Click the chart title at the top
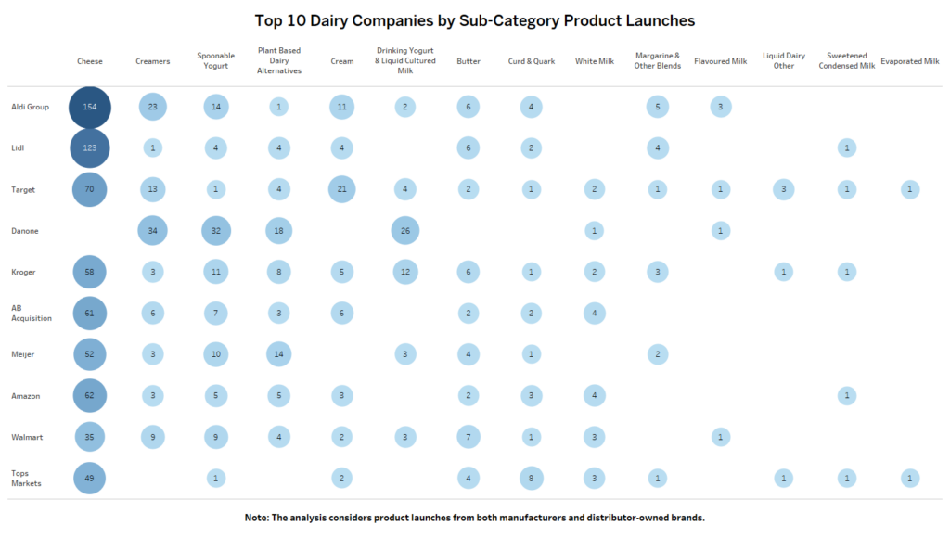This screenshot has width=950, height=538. click(x=474, y=19)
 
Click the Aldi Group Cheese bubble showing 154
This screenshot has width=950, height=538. click(x=90, y=107)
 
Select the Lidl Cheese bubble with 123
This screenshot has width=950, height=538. click(x=90, y=148)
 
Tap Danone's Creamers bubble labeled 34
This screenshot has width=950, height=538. click(x=153, y=231)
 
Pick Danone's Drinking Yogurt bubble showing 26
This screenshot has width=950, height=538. click(x=404, y=231)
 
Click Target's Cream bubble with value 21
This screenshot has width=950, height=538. click(x=341, y=189)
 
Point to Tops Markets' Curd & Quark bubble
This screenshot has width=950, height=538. click(x=532, y=479)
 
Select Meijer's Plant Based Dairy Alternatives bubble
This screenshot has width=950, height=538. click(x=279, y=354)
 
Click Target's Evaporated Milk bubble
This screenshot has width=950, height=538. click(x=910, y=189)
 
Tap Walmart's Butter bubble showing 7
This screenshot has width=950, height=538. click(x=469, y=437)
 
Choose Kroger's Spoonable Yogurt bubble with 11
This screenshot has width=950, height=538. click(x=215, y=272)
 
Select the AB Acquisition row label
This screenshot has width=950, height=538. click(x=31, y=313)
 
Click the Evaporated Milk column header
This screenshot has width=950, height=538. click(x=910, y=61)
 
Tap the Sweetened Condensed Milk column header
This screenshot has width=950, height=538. click(x=846, y=61)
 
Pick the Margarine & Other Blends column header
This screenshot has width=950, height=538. click(x=658, y=61)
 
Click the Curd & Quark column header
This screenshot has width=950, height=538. click(x=532, y=61)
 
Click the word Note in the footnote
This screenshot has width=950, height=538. click(x=257, y=517)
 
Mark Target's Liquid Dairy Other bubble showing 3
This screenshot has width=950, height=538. click(x=784, y=189)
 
